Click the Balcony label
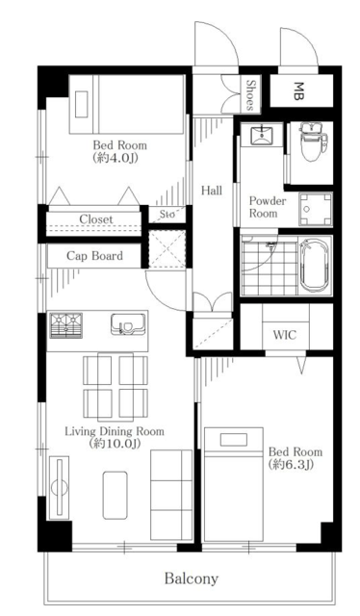point(191,578)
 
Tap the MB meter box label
point(298,90)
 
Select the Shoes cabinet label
point(250,94)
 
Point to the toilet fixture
point(313,141)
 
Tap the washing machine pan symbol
point(316,210)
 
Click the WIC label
point(285,335)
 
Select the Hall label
point(212,191)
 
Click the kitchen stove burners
point(65,325)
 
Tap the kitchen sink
point(126,324)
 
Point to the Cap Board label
point(94,256)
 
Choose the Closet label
point(96,219)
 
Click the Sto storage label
point(167,215)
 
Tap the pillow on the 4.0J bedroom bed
point(81,103)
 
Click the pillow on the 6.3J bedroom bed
point(234,440)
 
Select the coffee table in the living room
point(116,495)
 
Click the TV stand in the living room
point(59,488)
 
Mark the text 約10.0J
point(115,444)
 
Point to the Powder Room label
point(268,207)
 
